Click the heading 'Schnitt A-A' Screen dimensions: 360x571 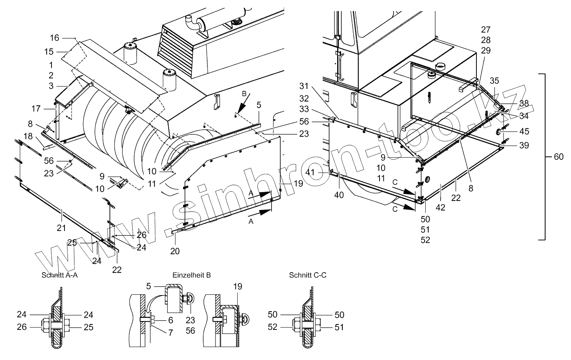[60, 275]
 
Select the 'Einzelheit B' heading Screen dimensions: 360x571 [191, 275]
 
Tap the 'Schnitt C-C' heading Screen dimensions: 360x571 [308, 275]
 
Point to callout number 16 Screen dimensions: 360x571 [55, 38]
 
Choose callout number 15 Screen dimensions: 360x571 [49, 52]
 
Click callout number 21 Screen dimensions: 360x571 [61, 228]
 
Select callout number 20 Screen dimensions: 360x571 [175, 251]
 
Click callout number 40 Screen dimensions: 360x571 [339, 195]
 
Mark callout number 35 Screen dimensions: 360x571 [494, 81]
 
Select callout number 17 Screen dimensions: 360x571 [36, 109]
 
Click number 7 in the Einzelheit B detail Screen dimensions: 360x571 [170, 333]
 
